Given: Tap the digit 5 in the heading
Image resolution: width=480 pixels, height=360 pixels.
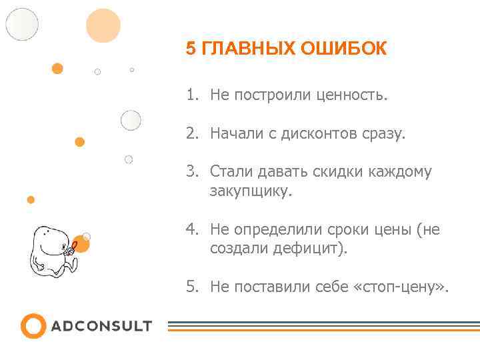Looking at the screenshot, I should pyautogui.click(x=191, y=49).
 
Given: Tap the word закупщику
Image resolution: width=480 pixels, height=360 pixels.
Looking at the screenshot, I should pyautogui.click(x=251, y=191).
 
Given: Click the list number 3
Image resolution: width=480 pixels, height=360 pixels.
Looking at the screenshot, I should pyautogui.click(x=192, y=172).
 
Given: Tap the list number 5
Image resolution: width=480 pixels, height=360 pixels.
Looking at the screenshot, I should pyautogui.click(x=192, y=287).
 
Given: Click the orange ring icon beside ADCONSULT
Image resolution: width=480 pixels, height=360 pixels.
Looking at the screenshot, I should pyautogui.click(x=33, y=326).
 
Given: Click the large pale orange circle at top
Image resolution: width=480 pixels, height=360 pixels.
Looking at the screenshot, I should pyautogui.click(x=103, y=25).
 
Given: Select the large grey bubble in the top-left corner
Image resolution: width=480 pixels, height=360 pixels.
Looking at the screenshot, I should pyautogui.click(x=22, y=24).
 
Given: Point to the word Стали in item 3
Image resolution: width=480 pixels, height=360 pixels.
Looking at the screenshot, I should pyautogui.click(x=228, y=172).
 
